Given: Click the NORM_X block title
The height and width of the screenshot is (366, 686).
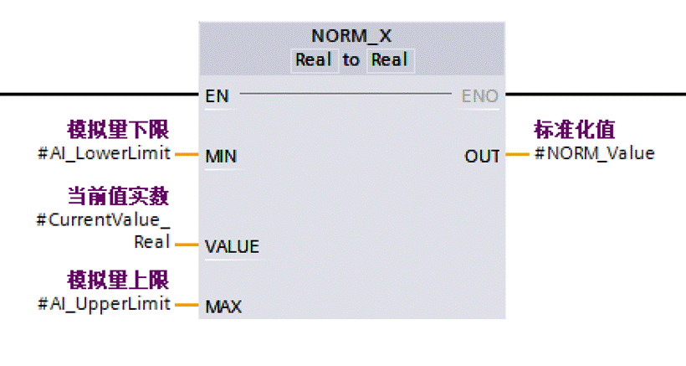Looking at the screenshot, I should pyautogui.click(x=351, y=36).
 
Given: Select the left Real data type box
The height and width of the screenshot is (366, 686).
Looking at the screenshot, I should pyautogui.click(x=314, y=60).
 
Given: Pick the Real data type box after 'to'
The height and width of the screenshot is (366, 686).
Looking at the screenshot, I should pyautogui.click(x=390, y=60).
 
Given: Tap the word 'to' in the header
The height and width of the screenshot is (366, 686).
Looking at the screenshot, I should pyautogui.click(x=351, y=60).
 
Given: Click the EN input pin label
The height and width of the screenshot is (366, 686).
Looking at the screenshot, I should pyautogui.click(x=218, y=96).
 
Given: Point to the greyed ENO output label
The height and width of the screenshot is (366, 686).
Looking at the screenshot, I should pyautogui.click(x=479, y=96).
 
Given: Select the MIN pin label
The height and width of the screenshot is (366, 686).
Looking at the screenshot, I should pyautogui.click(x=220, y=157).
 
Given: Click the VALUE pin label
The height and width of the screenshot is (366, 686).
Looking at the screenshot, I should pyautogui.click(x=232, y=246).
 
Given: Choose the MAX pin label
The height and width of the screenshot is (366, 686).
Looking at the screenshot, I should pyautogui.click(x=223, y=307).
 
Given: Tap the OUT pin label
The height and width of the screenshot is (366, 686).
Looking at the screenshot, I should pyautogui.click(x=482, y=156).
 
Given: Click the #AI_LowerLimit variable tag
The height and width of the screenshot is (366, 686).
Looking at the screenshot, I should pyautogui.click(x=104, y=153).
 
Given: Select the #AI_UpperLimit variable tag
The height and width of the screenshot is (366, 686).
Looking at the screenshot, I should pyautogui.click(x=104, y=303).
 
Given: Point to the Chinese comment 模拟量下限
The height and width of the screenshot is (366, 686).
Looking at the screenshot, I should pyautogui.click(x=118, y=130).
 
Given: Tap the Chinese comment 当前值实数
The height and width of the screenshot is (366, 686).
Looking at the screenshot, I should pyautogui.click(x=118, y=197).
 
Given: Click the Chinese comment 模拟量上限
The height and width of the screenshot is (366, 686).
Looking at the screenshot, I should pyautogui.click(x=118, y=279).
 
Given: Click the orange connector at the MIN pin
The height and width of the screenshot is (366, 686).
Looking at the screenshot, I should pyautogui.click(x=186, y=154).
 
